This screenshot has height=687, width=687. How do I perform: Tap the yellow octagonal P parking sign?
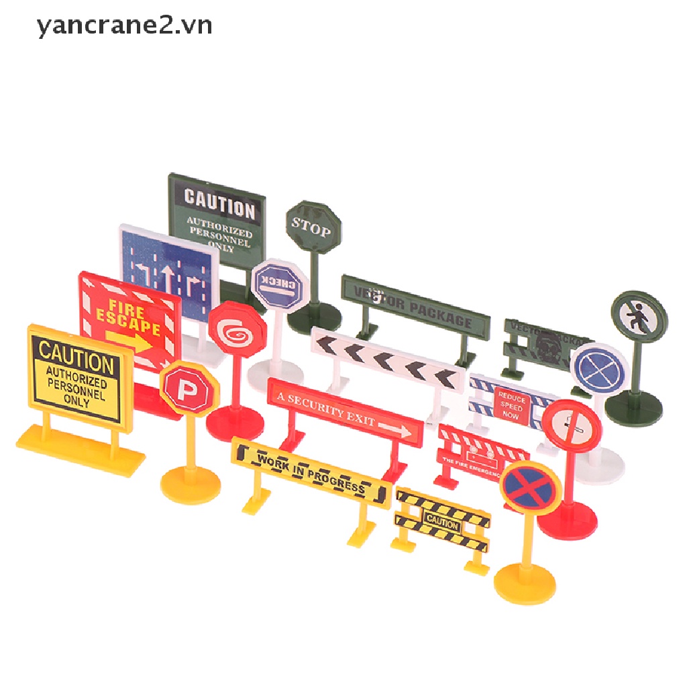point(189,389)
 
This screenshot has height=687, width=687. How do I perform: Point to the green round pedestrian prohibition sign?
point(639,317)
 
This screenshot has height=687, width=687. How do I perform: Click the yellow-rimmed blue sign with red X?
point(531,486)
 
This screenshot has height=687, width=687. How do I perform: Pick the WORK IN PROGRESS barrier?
point(311,471)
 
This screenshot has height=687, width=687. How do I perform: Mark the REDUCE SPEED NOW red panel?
point(513,405)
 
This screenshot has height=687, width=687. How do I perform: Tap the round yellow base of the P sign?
point(191,481)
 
